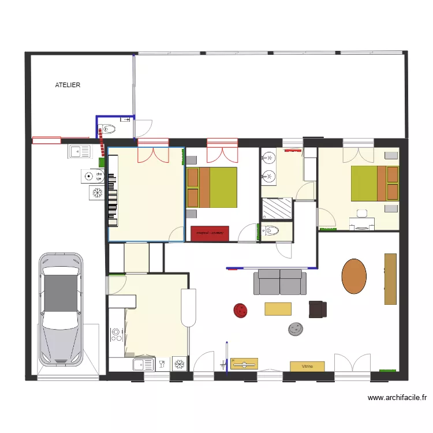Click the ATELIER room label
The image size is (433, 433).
coord(68,85)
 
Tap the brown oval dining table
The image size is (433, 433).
coord(354,275)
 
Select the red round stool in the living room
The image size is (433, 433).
coord(240,311)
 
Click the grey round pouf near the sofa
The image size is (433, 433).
coord(296,329)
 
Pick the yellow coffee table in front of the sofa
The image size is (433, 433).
coord(278,309)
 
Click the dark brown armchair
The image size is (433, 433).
coord(318,309)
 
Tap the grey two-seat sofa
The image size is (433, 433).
coord(280,282)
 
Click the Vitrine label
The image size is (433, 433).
coord(307,366)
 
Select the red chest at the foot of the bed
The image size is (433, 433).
coord(210,233)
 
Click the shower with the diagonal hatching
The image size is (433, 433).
coord(278,209)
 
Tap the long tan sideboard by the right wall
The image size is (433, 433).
coord(391,279)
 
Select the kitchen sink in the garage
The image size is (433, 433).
coord(80,152)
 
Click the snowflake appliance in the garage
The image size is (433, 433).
coord(96,193)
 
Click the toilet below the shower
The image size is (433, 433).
coord(272,232)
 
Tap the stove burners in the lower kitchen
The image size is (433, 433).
coord(116,335)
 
